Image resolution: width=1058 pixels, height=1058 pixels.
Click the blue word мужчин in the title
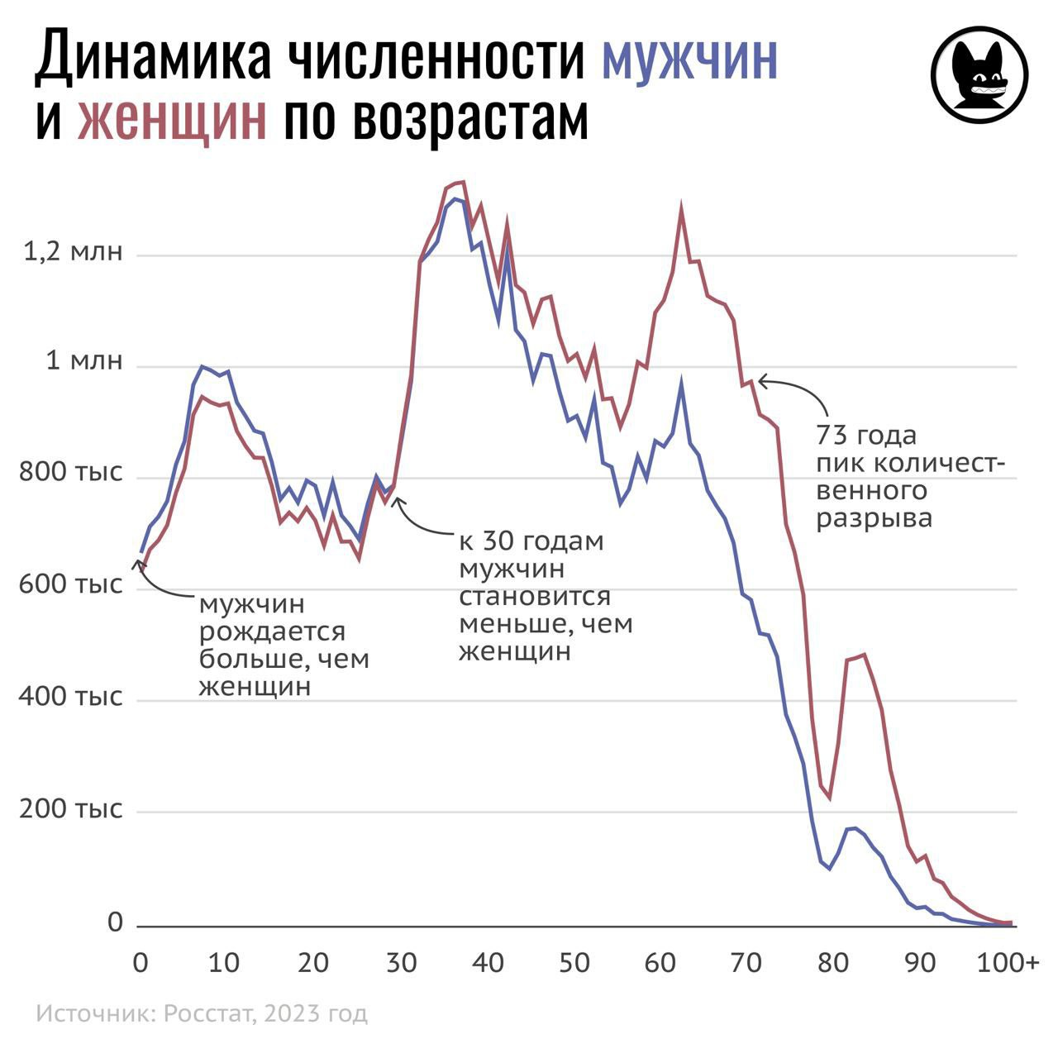click(x=689, y=58)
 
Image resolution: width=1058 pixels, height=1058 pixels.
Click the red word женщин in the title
click(x=172, y=120)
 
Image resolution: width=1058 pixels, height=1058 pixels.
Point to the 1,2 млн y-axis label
click(x=73, y=252)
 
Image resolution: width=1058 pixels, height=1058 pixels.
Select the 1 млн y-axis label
click(x=83, y=361)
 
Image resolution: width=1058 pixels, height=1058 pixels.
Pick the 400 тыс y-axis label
click(x=71, y=697)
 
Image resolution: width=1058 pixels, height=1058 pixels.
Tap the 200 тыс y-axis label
click(x=71, y=808)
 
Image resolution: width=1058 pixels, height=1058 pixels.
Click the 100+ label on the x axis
click(x=1008, y=963)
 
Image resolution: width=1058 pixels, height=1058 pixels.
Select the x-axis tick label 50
click(x=574, y=963)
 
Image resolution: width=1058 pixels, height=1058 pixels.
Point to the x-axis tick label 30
click(x=401, y=963)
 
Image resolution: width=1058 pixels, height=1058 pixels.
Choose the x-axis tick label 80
click(x=833, y=963)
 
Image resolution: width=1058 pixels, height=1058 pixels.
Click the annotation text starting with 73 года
click(x=910, y=476)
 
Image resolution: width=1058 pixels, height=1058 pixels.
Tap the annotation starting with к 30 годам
click(x=546, y=596)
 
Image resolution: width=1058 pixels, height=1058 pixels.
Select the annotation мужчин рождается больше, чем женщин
click(x=284, y=645)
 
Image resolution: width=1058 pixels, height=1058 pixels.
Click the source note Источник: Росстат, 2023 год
click(x=202, y=1013)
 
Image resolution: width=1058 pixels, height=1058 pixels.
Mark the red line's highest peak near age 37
click(x=463, y=182)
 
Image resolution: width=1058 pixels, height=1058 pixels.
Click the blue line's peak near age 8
click(x=202, y=366)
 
